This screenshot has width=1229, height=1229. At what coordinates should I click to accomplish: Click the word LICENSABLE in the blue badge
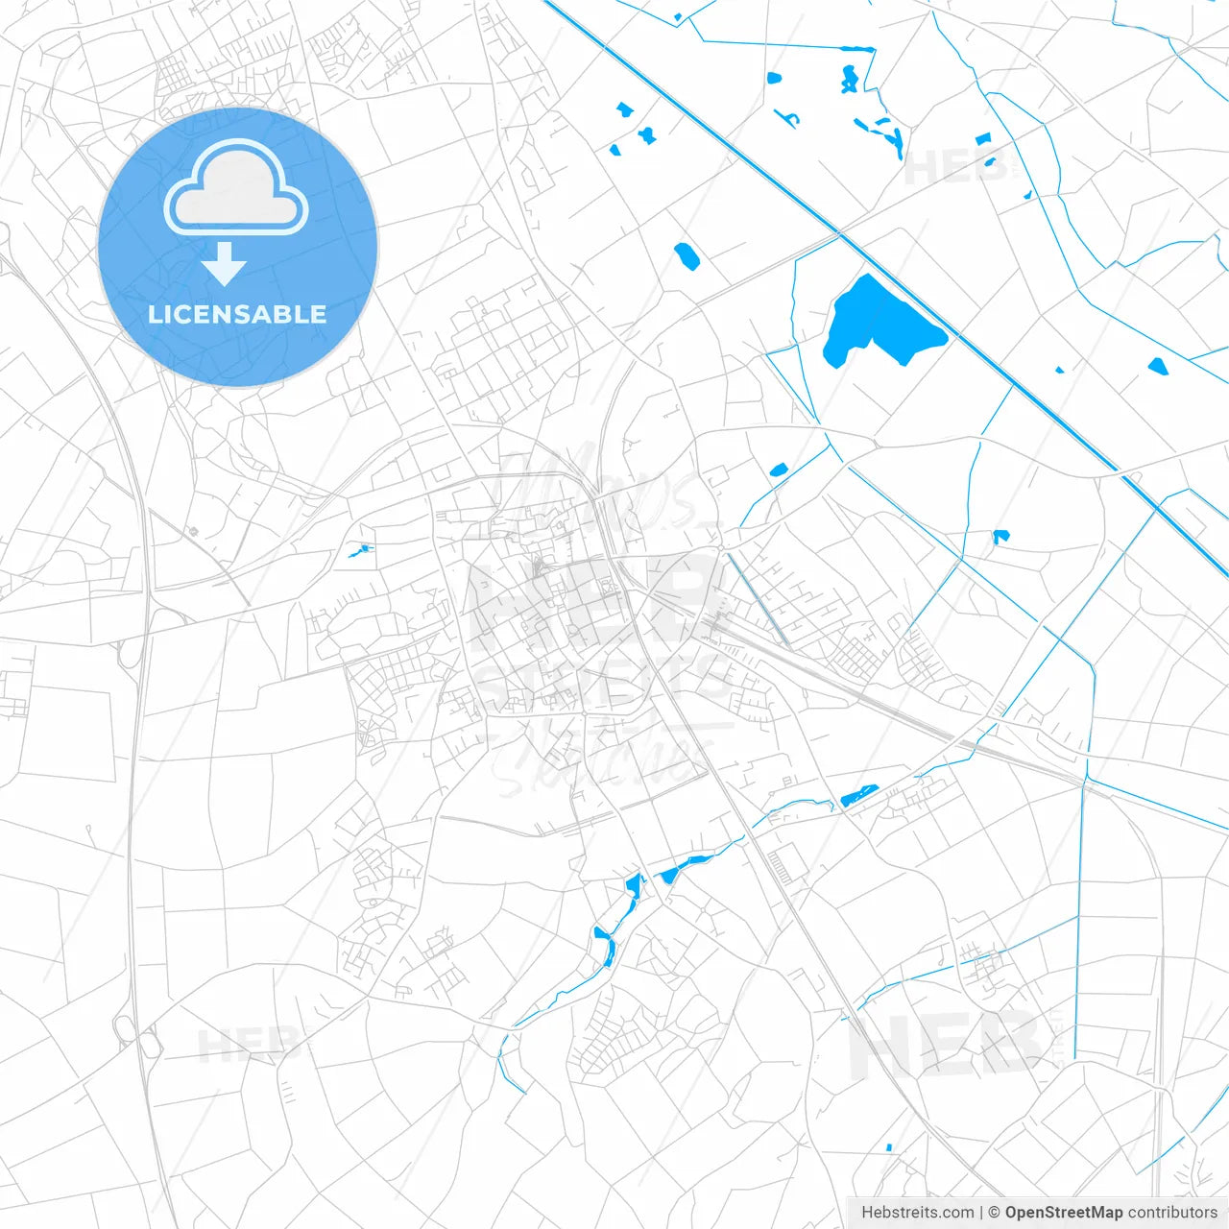click(237, 314)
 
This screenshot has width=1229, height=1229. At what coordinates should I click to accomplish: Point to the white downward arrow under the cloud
click(225, 263)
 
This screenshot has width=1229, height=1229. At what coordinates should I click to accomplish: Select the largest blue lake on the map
click(874, 322)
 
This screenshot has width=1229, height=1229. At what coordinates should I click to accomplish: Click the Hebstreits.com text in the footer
click(917, 1213)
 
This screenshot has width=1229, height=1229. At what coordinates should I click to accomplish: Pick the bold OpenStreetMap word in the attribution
click(1063, 1213)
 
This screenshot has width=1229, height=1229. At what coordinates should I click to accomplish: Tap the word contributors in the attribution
click(1172, 1213)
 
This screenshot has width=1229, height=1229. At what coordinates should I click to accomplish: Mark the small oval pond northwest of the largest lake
click(686, 255)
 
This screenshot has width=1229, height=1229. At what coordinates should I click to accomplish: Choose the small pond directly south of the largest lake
click(778, 470)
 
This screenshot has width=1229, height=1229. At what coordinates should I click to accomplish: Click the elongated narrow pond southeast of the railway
click(859, 796)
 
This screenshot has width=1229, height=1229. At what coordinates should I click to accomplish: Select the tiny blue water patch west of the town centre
click(360, 551)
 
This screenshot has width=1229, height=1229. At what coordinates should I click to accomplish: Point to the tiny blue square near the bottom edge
click(889, 1146)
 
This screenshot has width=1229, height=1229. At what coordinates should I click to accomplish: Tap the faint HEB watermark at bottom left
click(245, 1045)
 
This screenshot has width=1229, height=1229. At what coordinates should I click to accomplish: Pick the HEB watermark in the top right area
click(955, 168)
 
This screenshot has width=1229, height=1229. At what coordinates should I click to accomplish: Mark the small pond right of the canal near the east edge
click(1157, 366)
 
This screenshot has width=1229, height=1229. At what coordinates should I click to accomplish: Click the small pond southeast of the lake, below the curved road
click(1000, 536)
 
